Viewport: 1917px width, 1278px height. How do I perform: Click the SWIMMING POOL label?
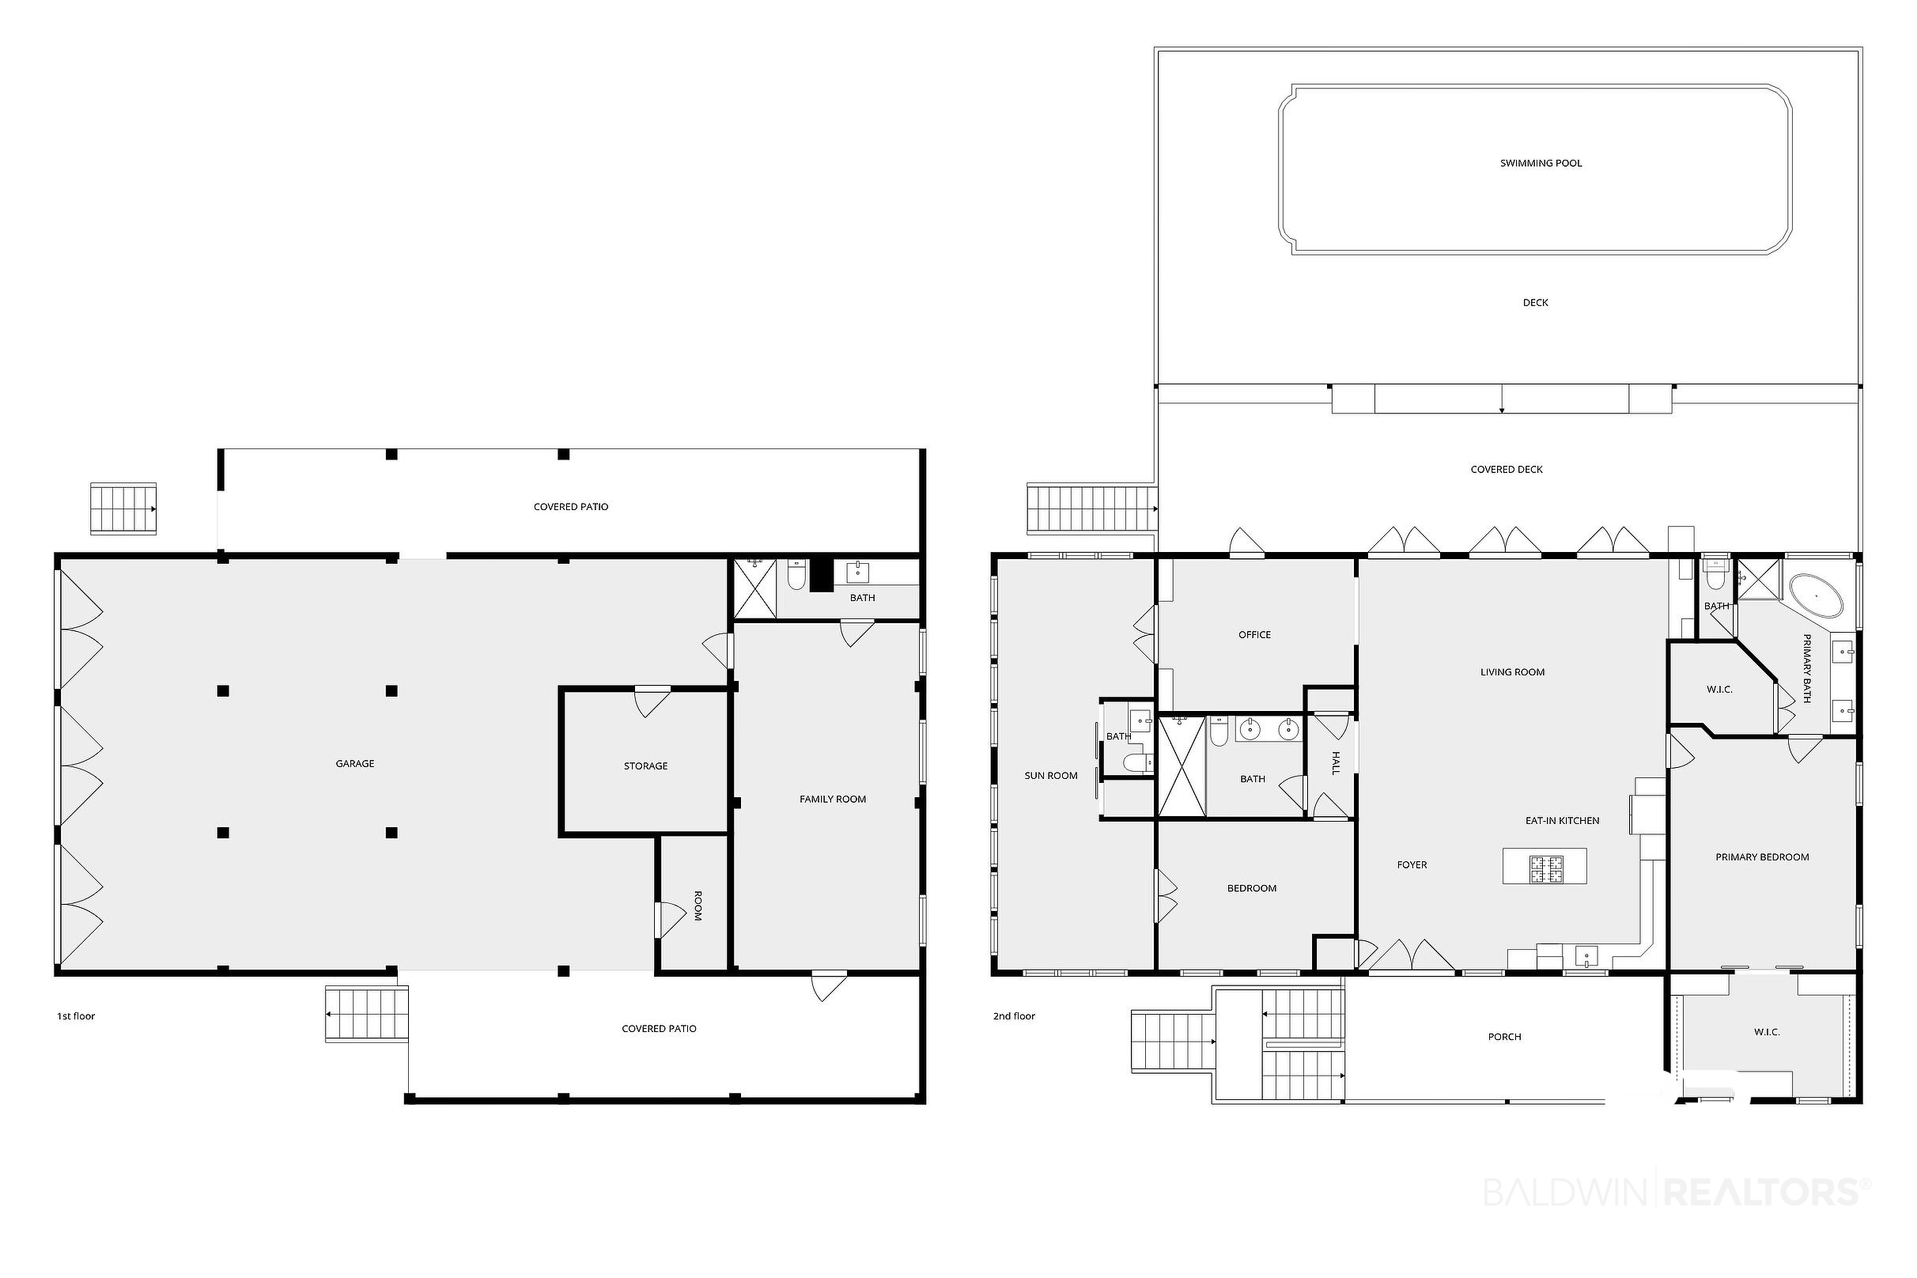1541,163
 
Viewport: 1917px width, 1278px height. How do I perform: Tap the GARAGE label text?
354,764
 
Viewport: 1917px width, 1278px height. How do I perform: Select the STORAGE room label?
645,766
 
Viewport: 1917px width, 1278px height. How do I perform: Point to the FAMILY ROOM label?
832,800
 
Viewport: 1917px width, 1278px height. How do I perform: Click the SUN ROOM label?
1050,776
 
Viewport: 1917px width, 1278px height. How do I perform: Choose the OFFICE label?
1254,635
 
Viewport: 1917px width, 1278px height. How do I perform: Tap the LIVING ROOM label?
1512,672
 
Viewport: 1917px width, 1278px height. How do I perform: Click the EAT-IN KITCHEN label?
1562,821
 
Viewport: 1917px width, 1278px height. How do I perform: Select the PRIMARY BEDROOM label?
1761,857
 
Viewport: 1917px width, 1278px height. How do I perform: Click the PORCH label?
1505,1038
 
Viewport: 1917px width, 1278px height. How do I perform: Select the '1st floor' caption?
76,1016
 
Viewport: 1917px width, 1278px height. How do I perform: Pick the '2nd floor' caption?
1014,1016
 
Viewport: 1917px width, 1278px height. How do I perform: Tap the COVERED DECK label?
1507,470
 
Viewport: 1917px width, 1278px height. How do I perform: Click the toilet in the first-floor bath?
796,576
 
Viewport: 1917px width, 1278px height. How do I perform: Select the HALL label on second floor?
1336,764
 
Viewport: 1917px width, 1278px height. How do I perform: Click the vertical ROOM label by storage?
698,906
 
